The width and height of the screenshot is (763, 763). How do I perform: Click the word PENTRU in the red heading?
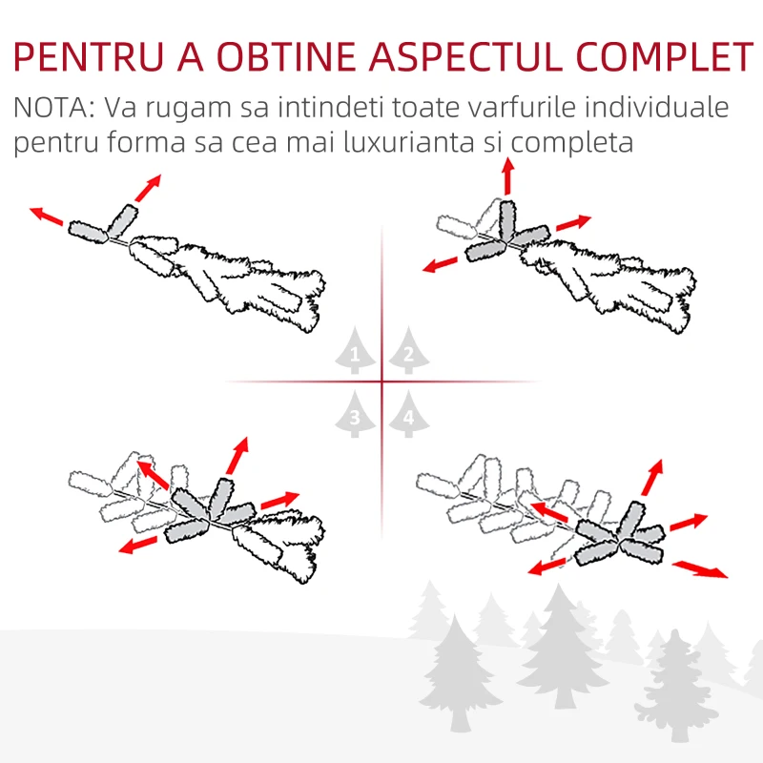(89, 57)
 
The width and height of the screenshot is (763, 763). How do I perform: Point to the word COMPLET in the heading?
(665, 57)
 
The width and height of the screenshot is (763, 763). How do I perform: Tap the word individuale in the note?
(656, 107)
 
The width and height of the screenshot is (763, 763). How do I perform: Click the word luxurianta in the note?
(409, 142)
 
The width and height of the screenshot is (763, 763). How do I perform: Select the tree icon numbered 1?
(355, 350)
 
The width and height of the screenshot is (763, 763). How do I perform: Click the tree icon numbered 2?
(409, 350)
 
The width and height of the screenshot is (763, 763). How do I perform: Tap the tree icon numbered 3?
(355, 414)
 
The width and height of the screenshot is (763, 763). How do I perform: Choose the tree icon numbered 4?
(409, 414)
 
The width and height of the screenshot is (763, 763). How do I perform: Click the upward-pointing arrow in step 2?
(508, 176)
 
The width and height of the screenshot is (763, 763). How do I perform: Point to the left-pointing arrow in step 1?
(47, 217)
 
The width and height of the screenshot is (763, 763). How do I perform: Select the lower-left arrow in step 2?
(441, 265)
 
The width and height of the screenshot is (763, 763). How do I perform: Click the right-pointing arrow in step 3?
(280, 500)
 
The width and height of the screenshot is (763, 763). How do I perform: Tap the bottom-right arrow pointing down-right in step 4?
(700, 569)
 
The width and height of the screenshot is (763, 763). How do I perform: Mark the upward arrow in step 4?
(652, 478)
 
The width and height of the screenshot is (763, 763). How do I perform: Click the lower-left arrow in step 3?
(138, 545)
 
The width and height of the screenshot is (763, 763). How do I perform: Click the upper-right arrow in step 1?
(148, 188)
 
